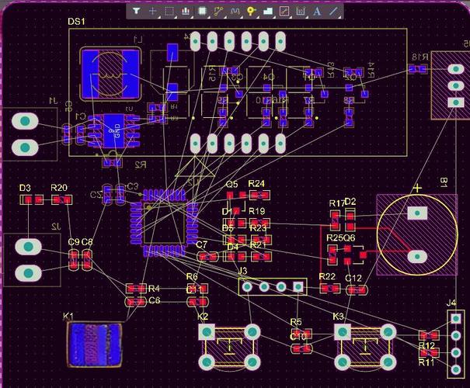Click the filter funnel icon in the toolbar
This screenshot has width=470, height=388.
point(136,12)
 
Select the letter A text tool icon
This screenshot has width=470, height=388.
point(317,12)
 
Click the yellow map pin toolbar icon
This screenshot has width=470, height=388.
point(252,12)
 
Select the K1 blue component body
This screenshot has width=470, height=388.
point(94,345)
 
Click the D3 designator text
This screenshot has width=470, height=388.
point(25,189)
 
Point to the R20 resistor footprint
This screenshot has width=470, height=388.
point(61,200)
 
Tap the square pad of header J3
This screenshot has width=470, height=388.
point(298,287)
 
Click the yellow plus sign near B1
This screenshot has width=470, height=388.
point(417,188)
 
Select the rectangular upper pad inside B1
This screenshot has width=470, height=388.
point(418,213)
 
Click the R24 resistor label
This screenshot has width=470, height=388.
point(257,184)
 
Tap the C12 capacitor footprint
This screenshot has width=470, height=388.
point(357,290)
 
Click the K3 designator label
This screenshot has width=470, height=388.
point(338,317)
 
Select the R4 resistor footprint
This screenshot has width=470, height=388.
point(136,289)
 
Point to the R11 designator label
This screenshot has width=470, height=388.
point(426,362)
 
